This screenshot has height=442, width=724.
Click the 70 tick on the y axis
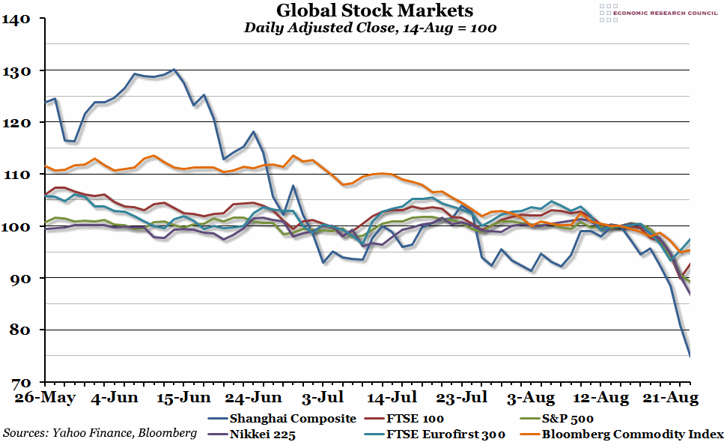pos(18,382)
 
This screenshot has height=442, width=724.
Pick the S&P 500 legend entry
pos(566,419)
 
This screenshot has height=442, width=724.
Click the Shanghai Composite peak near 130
pos(174,70)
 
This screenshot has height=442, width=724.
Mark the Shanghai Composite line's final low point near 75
pos(689,355)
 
